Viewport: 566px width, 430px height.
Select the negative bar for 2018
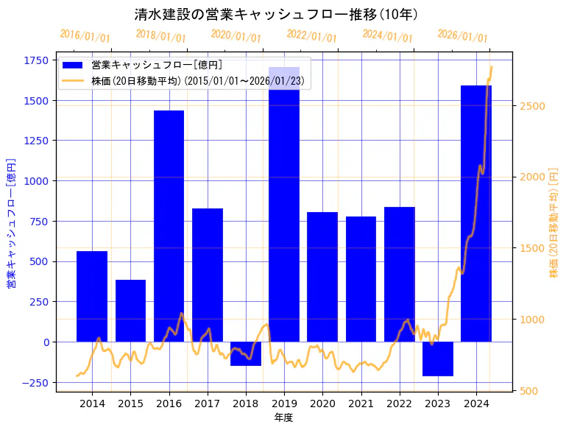pos(246,353)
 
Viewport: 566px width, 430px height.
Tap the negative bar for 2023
pos(438,359)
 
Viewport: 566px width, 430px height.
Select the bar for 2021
pos(361,279)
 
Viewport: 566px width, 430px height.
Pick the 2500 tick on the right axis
pos(531,106)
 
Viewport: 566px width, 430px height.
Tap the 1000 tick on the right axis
pos(531,320)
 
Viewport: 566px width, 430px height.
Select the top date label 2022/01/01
pos(311,36)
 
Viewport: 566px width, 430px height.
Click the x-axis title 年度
pos(283,417)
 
